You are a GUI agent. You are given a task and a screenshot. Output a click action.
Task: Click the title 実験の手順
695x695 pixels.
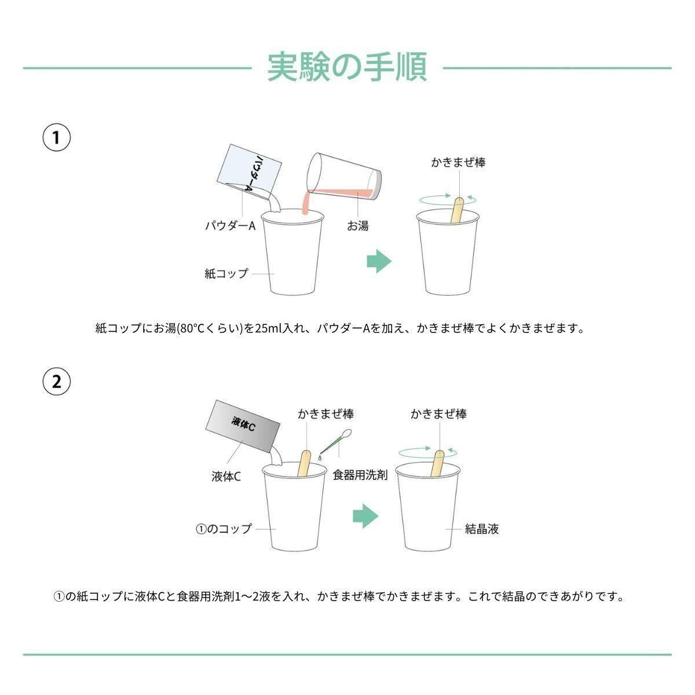pyautogui.click(x=348, y=67)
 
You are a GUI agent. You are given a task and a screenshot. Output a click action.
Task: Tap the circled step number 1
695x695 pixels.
pyautogui.click(x=57, y=137)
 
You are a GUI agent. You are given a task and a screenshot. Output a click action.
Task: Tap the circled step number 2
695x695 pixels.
pyautogui.click(x=57, y=381)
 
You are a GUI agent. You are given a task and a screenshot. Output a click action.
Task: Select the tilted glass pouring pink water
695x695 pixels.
pyautogui.click(x=343, y=177)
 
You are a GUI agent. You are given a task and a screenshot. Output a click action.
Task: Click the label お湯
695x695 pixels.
pyautogui.click(x=357, y=226)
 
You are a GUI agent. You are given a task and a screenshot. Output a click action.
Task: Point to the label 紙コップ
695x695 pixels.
pyautogui.click(x=226, y=273)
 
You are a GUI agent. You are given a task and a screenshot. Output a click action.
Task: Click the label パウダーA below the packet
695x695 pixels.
pyautogui.click(x=230, y=226)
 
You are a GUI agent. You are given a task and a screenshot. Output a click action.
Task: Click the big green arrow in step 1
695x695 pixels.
pyautogui.click(x=379, y=261)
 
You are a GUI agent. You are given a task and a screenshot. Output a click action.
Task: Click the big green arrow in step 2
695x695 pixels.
pyautogui.click(x=365, y=516)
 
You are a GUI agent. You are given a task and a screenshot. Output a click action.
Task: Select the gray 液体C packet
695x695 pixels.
pyautogui.click(x=242, y=426)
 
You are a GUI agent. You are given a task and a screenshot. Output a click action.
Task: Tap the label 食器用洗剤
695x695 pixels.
pyautogui.click(x=360, y=475)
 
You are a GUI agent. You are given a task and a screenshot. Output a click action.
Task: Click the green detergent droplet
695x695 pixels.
pyautogui.click(x=320, y=458)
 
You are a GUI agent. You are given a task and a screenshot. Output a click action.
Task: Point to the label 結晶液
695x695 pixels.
pyautogui.click(x=481, y=529)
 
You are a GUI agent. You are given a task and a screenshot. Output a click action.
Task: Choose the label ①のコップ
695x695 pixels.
pyautogui.click(x=224, y=529)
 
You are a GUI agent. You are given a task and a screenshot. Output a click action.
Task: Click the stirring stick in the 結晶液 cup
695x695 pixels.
pyautogui.click(x=437, y=464)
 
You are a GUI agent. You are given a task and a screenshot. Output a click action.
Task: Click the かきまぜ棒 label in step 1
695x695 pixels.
pyautogui.click(x=458, y=162)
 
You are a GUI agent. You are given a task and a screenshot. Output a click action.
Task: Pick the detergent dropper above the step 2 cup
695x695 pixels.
pyautogui.click(x=335, y=441)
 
